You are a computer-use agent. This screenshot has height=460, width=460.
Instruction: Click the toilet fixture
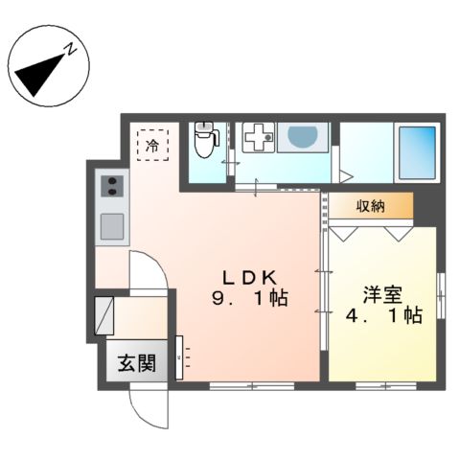click(204, 140)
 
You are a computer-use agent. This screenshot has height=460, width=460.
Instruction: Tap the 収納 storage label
click(373, 206)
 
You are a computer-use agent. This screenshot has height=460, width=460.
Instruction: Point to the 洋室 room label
click(380, 289)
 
